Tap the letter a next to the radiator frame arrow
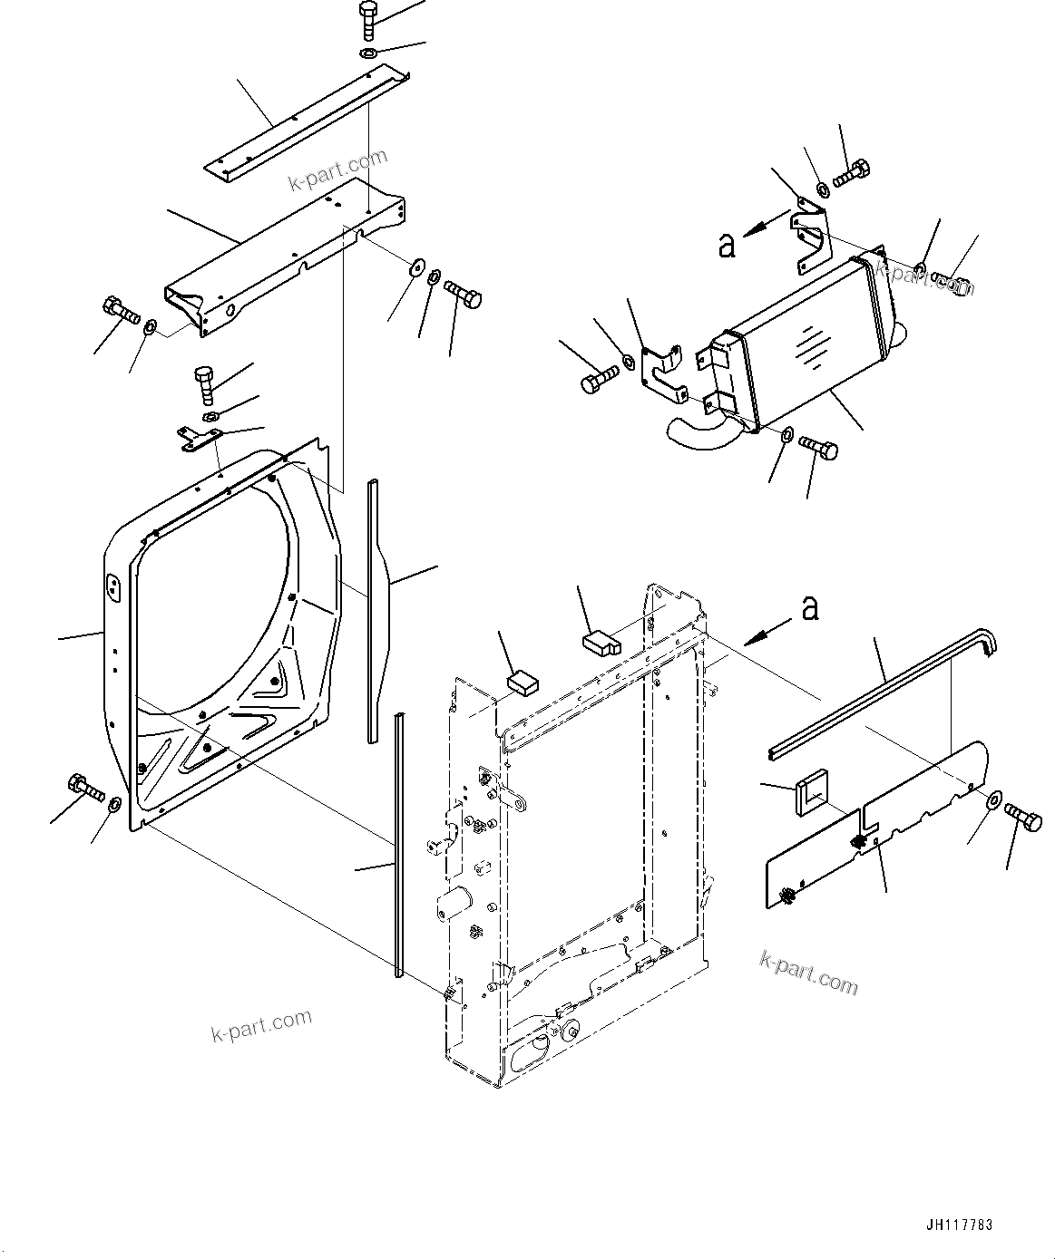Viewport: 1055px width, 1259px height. coord(810,608)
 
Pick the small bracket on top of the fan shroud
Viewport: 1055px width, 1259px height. coord(199,439)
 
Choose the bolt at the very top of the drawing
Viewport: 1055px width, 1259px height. coord(368,19)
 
